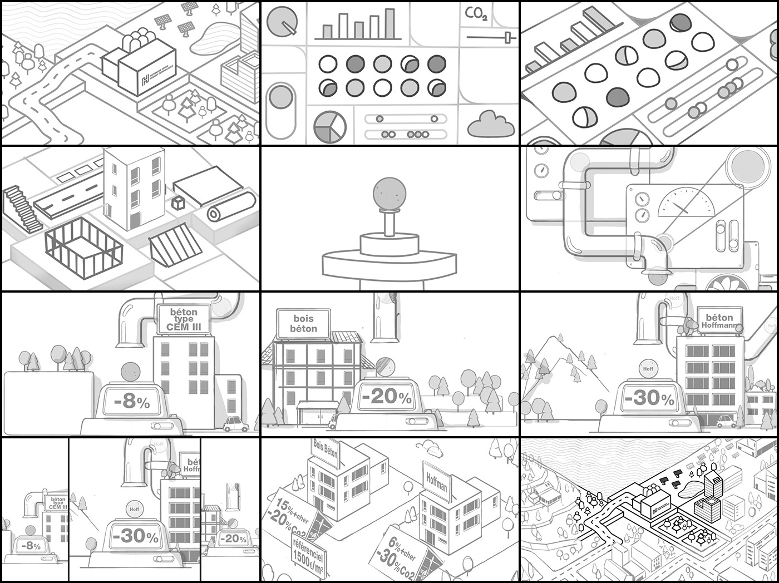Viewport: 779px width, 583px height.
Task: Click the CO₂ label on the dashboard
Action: [477, 13]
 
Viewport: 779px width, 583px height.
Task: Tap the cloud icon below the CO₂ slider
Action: [490, 125]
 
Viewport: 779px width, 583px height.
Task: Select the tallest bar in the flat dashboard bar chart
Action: [389, 23]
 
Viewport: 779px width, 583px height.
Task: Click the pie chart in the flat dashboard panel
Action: [329, 126]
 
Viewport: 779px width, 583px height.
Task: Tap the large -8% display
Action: [132, 401]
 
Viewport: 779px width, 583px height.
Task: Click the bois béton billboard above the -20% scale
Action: [303, 323]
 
